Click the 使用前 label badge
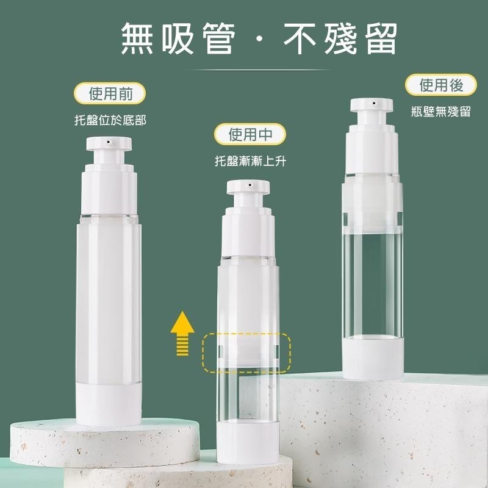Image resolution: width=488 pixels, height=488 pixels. click(x=110, y=93)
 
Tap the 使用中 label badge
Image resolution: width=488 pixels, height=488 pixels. click(x=249, y=134)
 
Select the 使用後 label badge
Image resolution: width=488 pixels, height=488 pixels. click(x=440, y=85)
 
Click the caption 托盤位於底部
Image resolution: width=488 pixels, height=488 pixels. click(x=110, y=120)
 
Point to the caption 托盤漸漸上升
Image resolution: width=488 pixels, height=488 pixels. click(x=250, y=161)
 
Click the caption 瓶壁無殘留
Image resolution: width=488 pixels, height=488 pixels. click(x=440, y=111)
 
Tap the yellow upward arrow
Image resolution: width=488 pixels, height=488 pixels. click(x=182, y=333)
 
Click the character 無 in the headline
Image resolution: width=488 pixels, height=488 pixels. click(x=137, y=39)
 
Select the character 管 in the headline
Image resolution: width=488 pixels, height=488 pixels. click(x=218, y=39)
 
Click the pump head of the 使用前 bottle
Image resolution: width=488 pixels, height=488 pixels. click(x=109, y=144)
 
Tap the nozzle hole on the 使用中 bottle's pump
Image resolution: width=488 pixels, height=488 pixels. click(x=249, y=185)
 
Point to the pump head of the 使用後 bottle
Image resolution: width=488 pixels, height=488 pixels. click(x=371, y=105)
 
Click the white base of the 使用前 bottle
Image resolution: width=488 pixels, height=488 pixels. click(x=109, y=404)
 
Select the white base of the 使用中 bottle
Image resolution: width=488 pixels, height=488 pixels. click(x=248, y=442)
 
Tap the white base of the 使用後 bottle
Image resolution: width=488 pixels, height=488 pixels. click(x=373, y=358)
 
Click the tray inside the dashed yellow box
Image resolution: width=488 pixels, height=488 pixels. click(x=248, y=353)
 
